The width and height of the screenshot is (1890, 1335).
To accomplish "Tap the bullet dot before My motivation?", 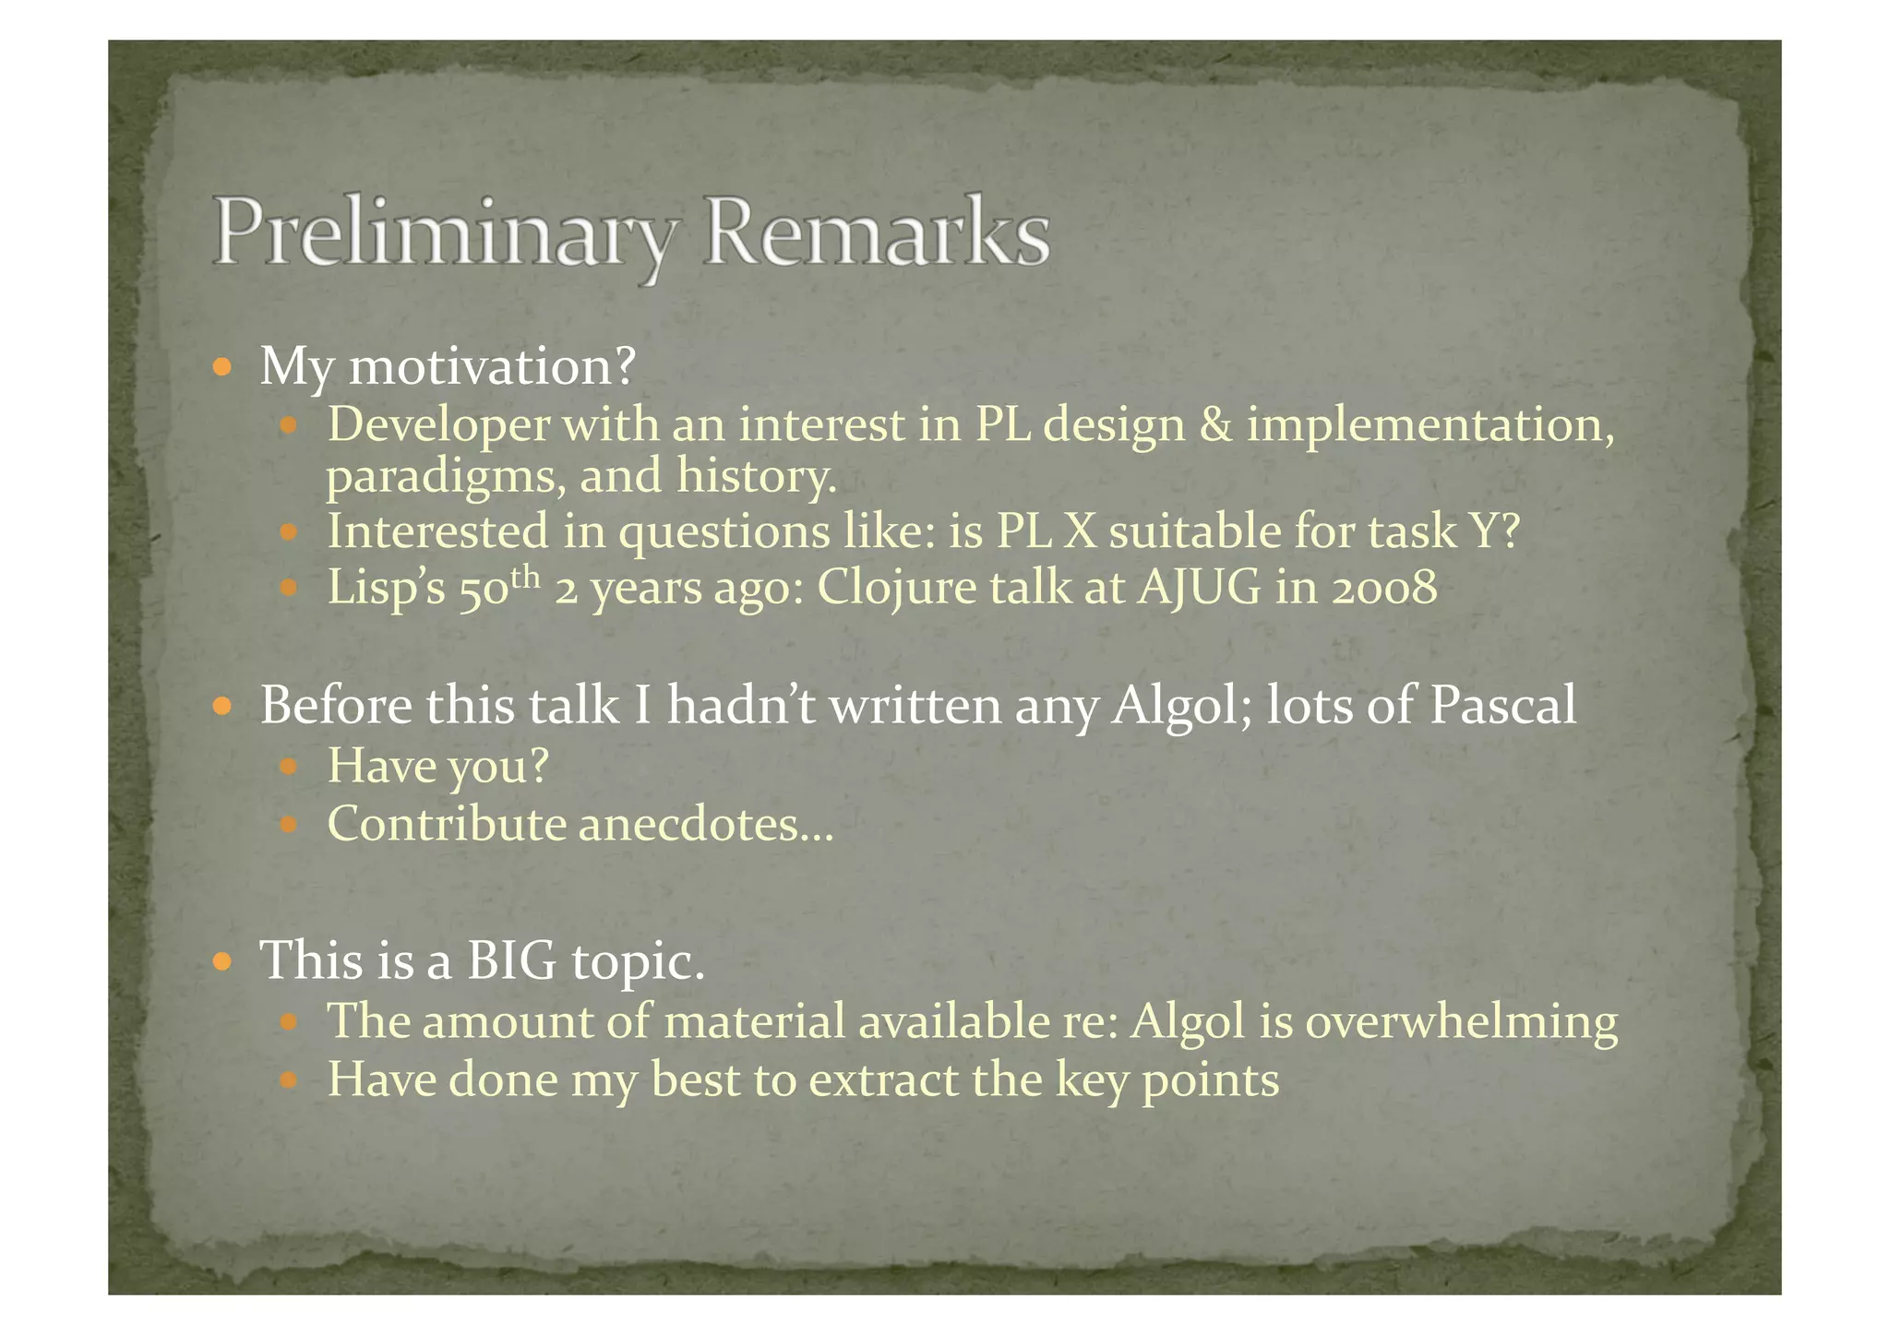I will coord(221,367).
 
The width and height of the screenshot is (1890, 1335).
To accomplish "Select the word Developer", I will coord(438,426).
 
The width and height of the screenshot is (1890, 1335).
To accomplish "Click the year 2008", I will coord(1384,588).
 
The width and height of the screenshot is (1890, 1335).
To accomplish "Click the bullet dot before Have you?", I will coord(289,766).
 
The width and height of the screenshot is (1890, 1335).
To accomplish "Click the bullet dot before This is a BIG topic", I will coord(221,961).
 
